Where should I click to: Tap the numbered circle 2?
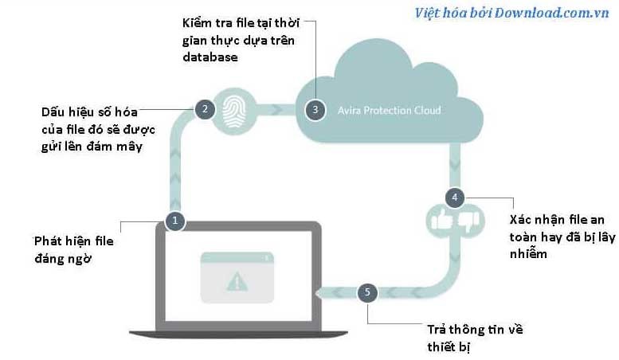(x=205, y=109)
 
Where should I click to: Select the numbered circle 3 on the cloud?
(x=315, y=110)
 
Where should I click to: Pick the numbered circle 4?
(x=454, y=197)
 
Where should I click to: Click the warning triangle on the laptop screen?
(x=237, y=280)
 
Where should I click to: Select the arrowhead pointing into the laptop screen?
(x=319, y=293)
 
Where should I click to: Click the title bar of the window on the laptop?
(x=237, y=257)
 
